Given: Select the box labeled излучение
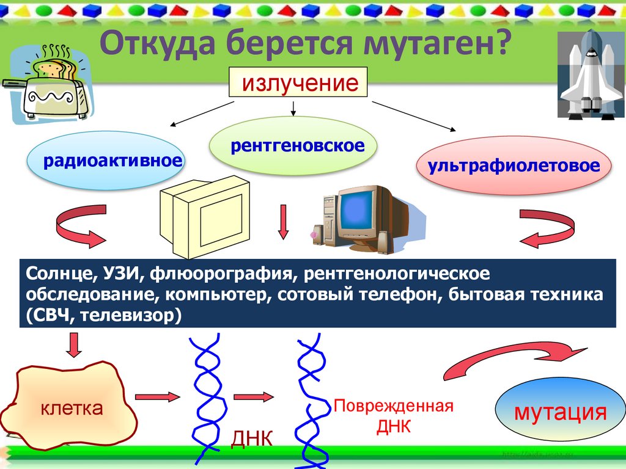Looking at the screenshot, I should tap(298, 82).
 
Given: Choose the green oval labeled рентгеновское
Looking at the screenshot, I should tap(293, 146).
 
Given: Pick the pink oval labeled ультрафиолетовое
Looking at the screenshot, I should tap(514, 166).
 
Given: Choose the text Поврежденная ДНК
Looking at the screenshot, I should tap(393, 416).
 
